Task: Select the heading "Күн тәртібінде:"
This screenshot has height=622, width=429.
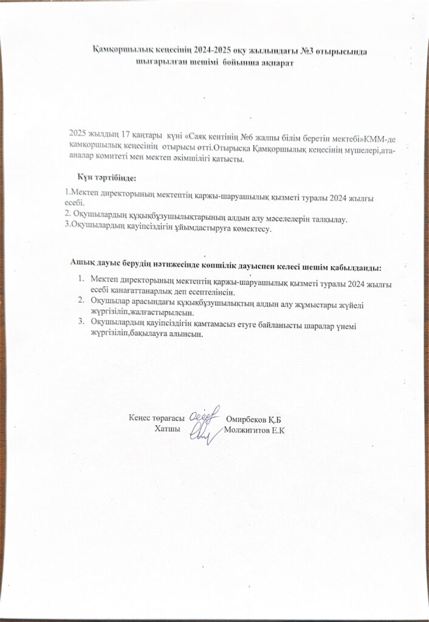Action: pyautogui.click(x=107, y=177)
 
